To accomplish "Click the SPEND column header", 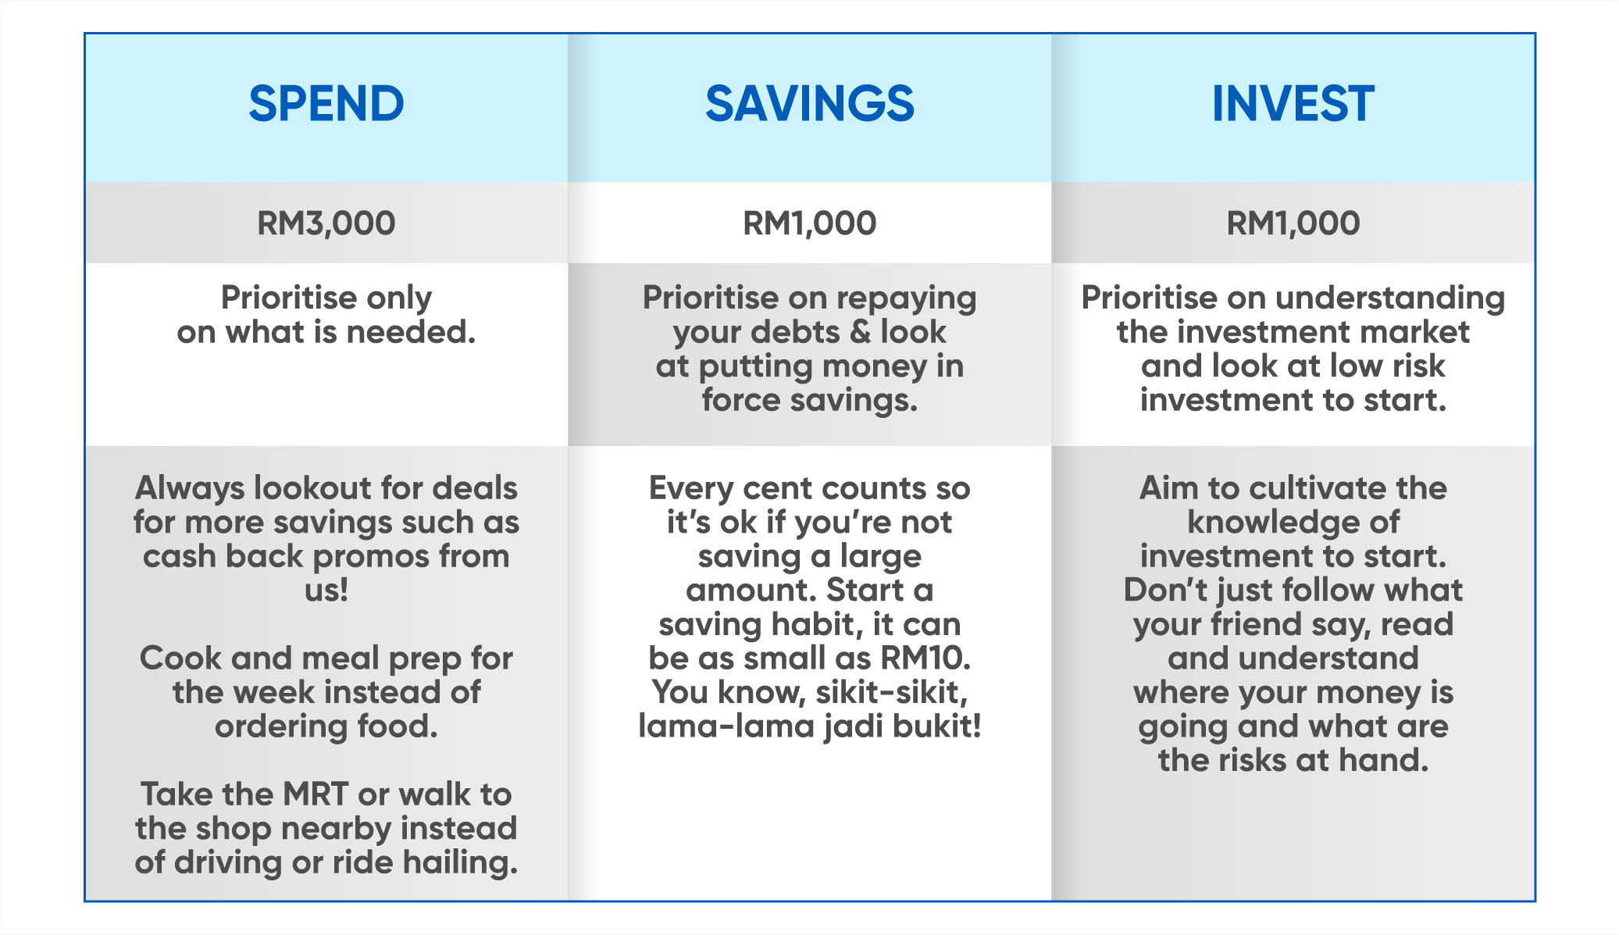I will pyautogui.click(x=326, y=104).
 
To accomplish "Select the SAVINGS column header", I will pyautogui.click(x=809, y=104).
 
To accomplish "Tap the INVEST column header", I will pyautogui.click(x=1293, y=104).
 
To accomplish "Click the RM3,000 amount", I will pyautogui.click(x=326, y=223).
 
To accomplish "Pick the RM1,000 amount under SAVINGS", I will pyautogui.click(x=809, y=223).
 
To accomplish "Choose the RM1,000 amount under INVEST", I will pyautogui.click(x=1293, y=223).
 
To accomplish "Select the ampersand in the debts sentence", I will pyautogui.click(x=860, y=332).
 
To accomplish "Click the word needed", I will pyautogui.click(x=411, y=332).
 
